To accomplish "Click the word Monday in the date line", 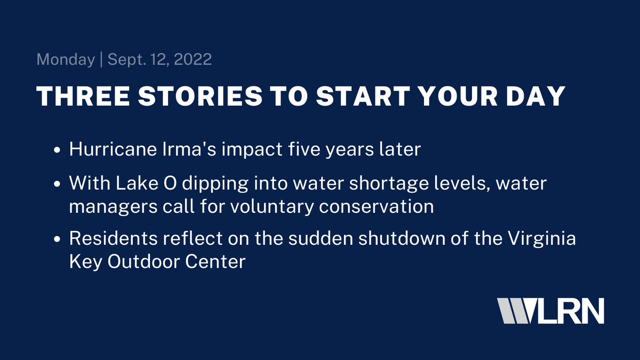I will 65,59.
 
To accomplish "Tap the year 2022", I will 191,59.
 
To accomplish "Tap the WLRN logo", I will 550,310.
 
